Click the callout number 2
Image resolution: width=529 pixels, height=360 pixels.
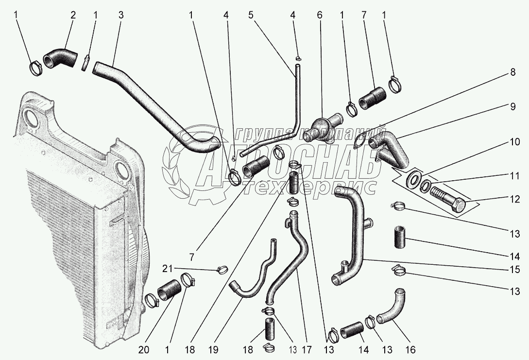[x=73, y=15]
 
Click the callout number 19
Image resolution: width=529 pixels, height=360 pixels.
[x=213, y=349]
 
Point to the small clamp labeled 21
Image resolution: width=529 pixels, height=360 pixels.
[x=221, y=268]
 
